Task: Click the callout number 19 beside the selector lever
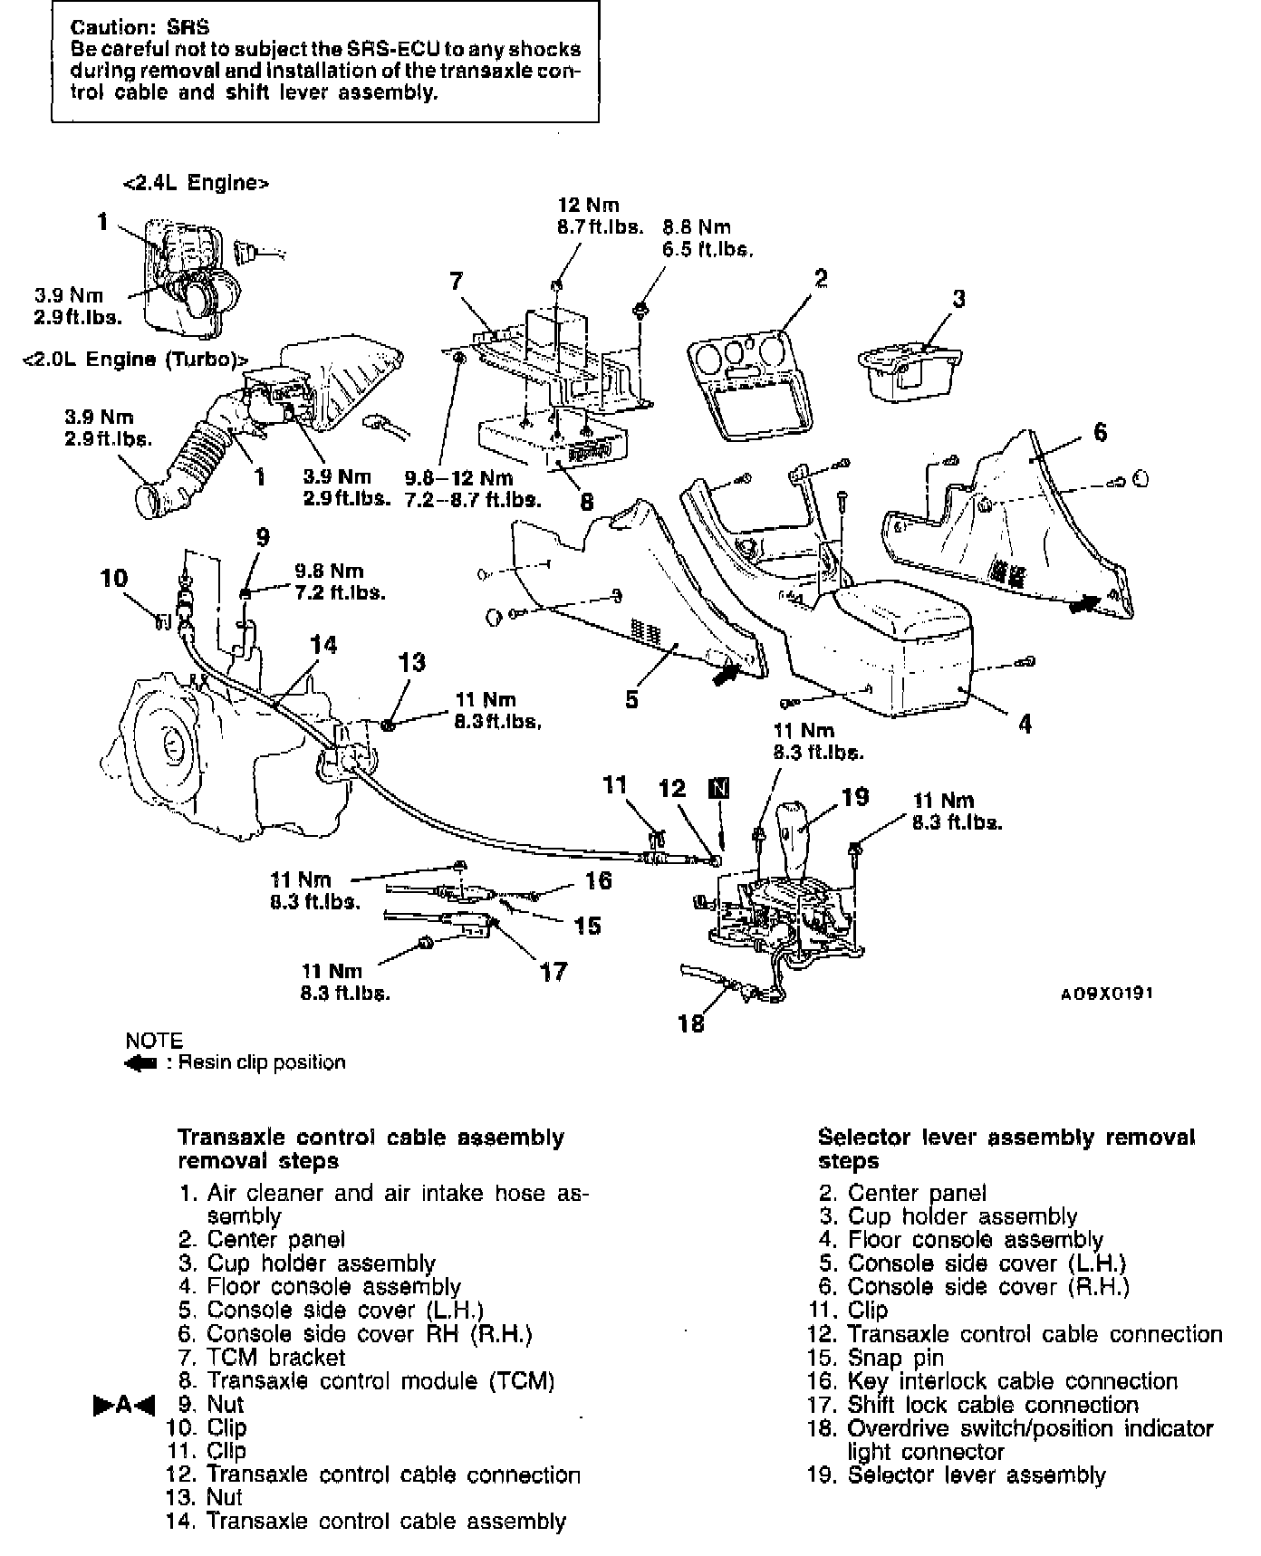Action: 854,797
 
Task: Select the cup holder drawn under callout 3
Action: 908,367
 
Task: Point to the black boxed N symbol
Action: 719,787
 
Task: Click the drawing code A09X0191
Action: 1107,994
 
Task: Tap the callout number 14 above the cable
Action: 323,645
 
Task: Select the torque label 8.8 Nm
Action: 696,227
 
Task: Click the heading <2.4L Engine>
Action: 196,183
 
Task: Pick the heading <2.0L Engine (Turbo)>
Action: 135,359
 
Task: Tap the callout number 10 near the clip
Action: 114,579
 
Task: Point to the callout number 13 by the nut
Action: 411,663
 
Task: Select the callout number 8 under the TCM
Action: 587,500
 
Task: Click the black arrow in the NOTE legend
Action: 141,1062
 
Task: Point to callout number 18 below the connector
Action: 691,1023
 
